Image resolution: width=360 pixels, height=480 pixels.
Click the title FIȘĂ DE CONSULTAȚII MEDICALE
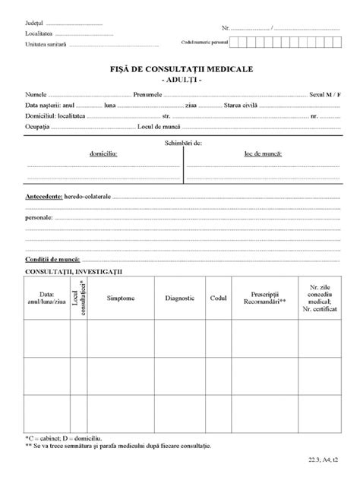180,69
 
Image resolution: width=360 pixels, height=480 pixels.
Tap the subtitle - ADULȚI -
180,79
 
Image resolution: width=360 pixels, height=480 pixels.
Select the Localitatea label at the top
39,35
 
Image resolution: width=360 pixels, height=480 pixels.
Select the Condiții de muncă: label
52,259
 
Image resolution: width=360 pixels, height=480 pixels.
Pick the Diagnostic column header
180,298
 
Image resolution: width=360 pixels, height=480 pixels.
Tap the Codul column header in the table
219,298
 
